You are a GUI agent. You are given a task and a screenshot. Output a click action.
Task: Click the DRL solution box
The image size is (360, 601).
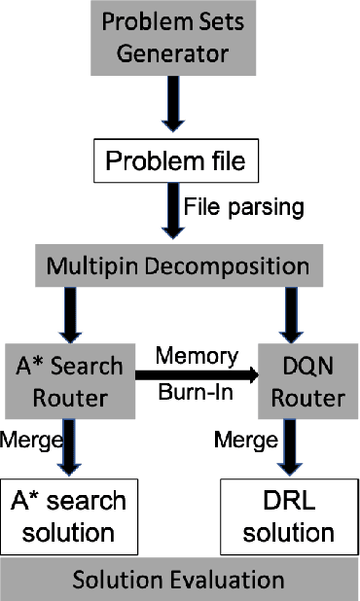(289, 516)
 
